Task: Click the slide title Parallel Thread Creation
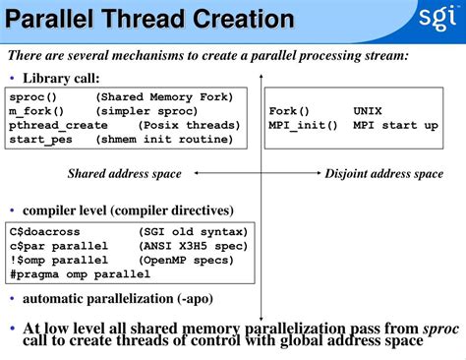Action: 150,20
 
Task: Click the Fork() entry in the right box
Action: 289,111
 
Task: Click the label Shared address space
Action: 124,174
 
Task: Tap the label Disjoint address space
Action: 383,174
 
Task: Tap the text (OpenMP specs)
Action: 185,260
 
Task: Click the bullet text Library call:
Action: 61,79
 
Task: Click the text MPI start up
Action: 396,126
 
